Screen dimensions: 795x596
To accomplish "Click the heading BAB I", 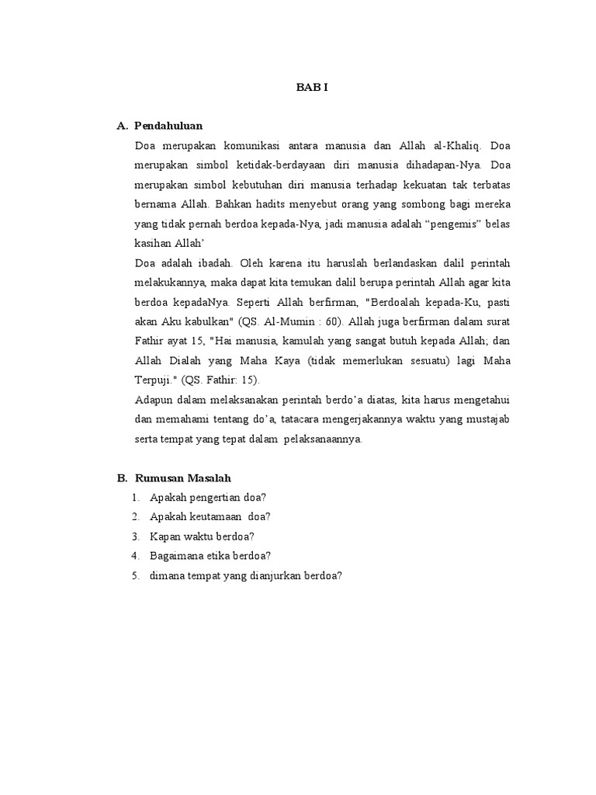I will pyautogui.click(x=312, y=87).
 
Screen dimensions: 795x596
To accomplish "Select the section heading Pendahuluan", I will pyautogui.click(x=168, y=125).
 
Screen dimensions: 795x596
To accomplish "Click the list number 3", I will pyautogui.click(x=135, y=536).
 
